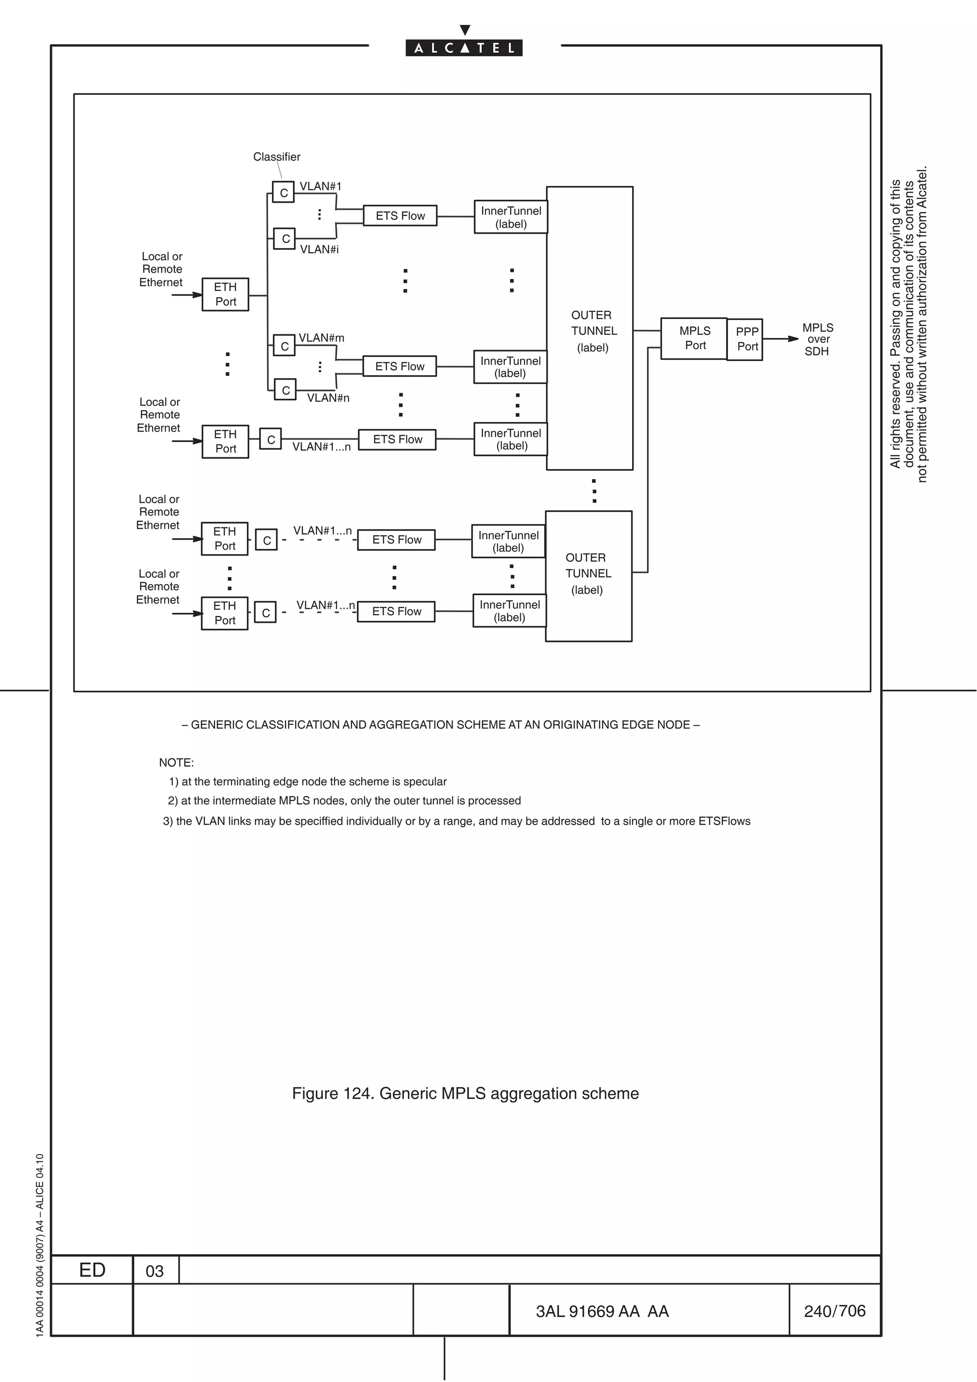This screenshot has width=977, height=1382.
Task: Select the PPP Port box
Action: coord(745,340)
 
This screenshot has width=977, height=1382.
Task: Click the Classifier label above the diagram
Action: coord(276,156)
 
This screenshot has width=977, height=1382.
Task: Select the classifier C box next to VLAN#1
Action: coord(283,193)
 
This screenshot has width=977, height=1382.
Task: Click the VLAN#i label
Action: coord(319,249)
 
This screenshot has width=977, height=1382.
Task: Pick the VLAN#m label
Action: coord(322,338)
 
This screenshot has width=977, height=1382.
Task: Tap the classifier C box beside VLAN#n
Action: coord(285,390)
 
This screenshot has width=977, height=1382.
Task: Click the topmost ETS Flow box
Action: coord(400,216)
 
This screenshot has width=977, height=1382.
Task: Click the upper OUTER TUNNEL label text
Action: coord(592,330)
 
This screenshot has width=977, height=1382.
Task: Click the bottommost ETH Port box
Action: coord(225,613)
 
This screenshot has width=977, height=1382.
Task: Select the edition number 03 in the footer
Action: coord(154,1270)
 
